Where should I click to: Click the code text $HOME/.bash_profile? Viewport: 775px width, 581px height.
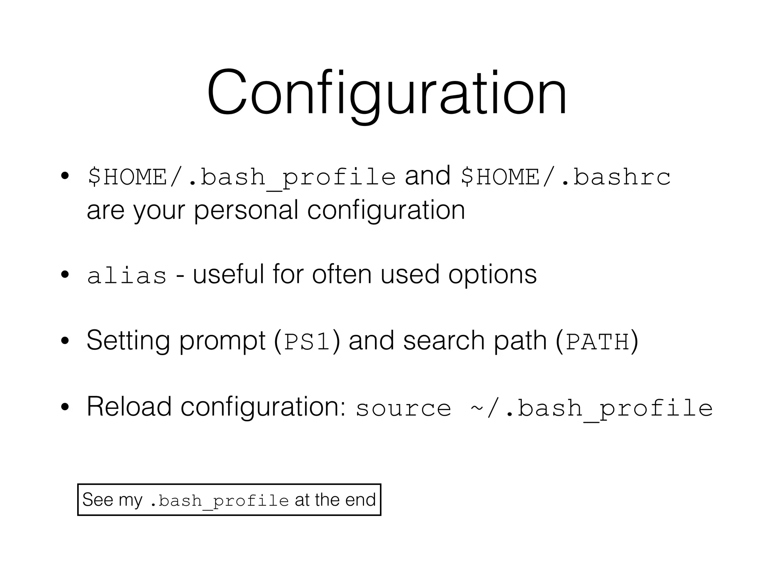241,177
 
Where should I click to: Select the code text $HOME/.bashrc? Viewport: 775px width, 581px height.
566,177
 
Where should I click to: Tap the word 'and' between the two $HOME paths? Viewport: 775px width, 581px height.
428,176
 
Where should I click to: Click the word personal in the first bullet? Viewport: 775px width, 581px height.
246,210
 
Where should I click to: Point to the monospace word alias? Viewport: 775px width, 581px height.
127,275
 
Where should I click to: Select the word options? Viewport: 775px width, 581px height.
492,275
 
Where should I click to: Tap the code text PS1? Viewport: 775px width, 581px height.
307,342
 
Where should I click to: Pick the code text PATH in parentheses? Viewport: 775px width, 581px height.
597,342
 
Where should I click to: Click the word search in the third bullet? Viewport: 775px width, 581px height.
444,340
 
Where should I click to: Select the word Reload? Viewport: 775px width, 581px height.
129,407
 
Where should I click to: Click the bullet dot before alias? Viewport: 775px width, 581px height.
65,275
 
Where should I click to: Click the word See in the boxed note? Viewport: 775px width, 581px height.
98,500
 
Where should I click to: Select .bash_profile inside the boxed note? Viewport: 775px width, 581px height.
219,501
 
